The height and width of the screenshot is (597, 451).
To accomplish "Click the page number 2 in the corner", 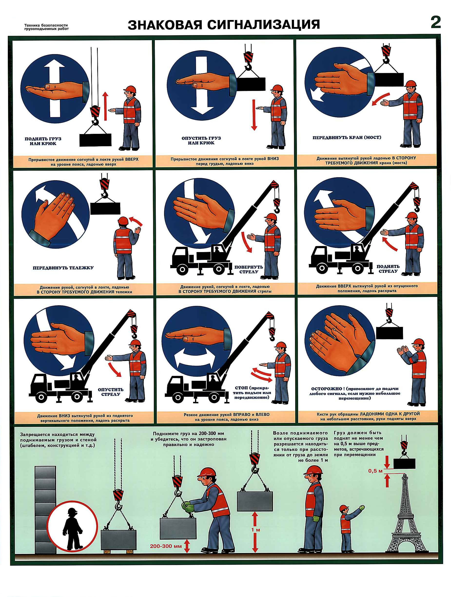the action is click(x=436, y=23).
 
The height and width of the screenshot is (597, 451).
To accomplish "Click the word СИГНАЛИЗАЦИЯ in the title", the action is click(x=264, y=25).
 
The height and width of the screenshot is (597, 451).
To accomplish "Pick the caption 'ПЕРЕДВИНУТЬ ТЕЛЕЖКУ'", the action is click(x=63, y=268).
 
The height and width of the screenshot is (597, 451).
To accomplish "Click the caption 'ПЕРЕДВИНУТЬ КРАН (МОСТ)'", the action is click(x=347, y=137).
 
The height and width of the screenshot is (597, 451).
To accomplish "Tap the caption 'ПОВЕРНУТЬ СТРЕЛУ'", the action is click(x=249, y=269).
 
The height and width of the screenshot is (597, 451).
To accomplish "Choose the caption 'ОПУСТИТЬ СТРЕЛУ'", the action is click(x=111, y=392).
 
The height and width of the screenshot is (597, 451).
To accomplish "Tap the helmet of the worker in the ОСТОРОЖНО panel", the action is click(x=417, y=343).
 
